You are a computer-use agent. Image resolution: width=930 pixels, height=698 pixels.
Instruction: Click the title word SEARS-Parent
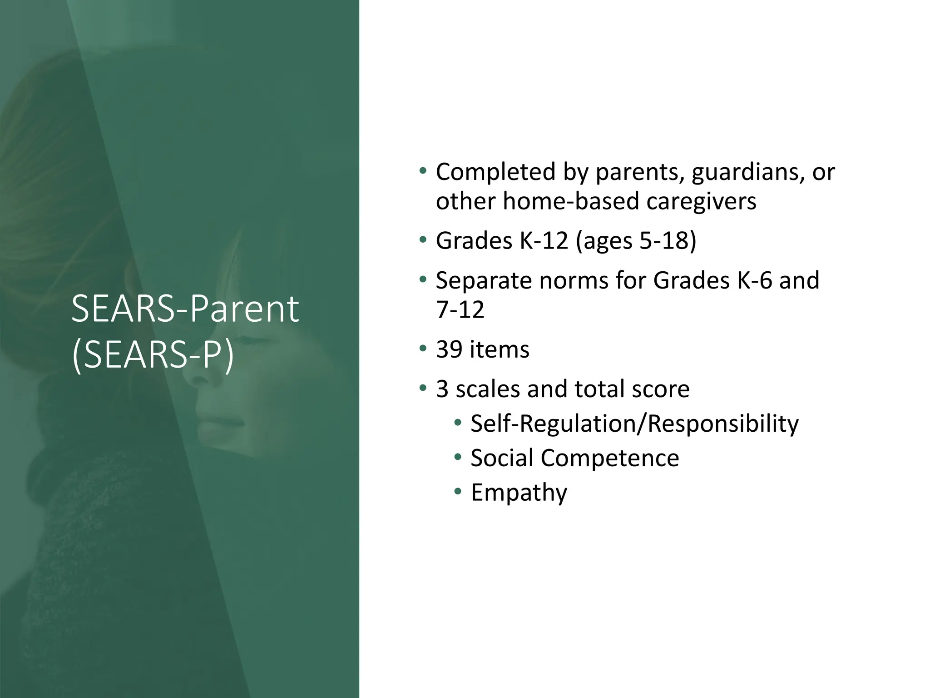coord(185,309)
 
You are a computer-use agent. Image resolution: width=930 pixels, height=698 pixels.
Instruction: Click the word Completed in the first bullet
coord(495,172)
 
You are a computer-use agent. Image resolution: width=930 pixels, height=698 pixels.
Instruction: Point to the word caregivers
coord(701,201)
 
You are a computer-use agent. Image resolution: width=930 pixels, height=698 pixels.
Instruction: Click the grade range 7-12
coord(460,309)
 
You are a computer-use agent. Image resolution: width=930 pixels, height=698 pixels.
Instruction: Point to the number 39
coord(449,349)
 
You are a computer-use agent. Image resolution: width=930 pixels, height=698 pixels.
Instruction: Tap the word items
coord(499,349)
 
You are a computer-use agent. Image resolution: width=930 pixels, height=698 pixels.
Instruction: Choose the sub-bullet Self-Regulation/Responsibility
coord(634,424)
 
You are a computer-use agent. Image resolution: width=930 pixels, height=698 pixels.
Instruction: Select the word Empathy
coord(519,493)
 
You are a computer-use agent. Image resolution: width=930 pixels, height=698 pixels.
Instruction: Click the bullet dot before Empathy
coord(458,492)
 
